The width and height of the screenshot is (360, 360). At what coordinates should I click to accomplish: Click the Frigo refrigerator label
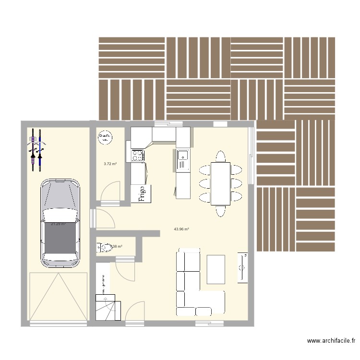[x=142, y=194]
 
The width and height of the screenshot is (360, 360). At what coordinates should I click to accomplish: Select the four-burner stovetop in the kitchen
[x=137, y=155]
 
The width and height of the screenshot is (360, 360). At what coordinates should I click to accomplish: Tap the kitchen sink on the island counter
[x=182, y=155]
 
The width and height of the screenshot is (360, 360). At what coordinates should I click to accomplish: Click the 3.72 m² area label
[x=110, y=164]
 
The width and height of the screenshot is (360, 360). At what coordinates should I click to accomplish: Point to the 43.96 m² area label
[x=181, y=229]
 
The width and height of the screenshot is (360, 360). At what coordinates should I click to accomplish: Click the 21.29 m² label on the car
[x=58, y=224]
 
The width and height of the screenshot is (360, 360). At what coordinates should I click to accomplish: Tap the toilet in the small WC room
[x=102, y=248]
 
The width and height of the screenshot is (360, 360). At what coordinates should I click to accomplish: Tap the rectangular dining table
[x=220, y=183]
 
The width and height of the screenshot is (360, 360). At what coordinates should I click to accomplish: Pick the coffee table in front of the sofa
[x=216, y=269]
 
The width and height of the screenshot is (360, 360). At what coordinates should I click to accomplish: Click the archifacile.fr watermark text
[x=331, y=341]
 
